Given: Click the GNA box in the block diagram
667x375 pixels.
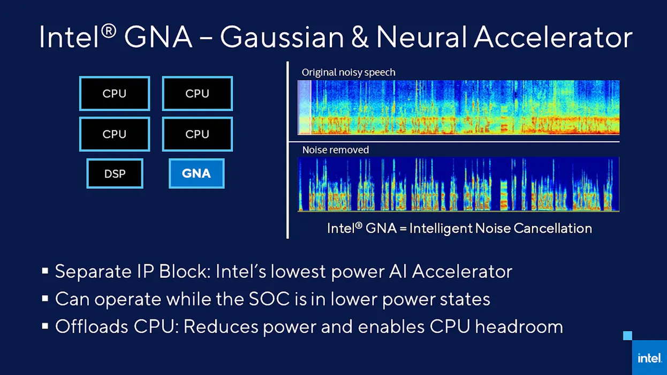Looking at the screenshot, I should [x=196, y=173].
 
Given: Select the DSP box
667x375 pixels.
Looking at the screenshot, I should [x=115, y=173].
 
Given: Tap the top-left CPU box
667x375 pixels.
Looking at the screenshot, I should [x=115, y=94].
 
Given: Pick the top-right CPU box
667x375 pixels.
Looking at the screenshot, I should [x=197, y=94].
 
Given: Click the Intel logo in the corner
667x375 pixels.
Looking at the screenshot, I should [x=649, y=358].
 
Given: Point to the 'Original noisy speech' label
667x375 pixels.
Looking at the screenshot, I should [x=348, y=72].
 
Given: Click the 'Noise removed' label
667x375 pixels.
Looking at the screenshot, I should [x=336, y=150].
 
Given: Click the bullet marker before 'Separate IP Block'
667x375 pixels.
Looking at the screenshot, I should [x=45, y=271].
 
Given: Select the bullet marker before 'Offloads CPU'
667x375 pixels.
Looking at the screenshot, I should [x=45, y=326].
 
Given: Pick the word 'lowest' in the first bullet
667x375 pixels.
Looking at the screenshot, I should [x=298, y=271].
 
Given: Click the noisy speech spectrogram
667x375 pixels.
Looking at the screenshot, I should [x=459, y=107].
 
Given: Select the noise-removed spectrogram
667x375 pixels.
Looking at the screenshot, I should [x=459, y=184].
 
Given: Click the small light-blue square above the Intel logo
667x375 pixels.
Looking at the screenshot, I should [x=628, y=336].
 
